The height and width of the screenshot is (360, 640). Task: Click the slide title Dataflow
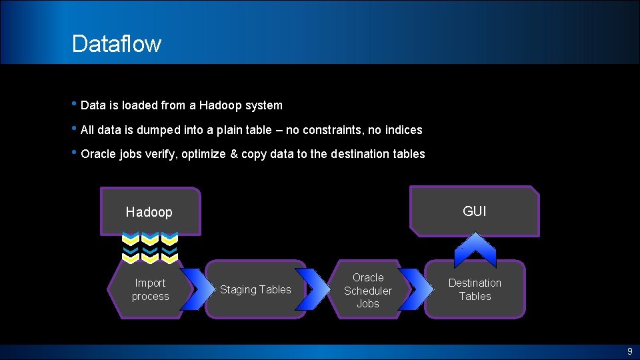(117, 44)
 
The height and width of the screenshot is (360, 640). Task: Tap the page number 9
(629, 351)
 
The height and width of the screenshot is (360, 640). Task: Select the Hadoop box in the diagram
(149, 212)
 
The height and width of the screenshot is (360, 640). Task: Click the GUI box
(474, 211)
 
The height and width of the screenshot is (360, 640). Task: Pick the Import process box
(150, 289)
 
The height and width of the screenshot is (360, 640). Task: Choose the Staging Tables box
(255, 289)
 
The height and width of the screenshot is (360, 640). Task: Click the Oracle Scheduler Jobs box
(367, 290)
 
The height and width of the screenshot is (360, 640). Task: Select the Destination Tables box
(475, 289)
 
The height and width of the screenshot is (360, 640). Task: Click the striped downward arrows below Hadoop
(150, 247)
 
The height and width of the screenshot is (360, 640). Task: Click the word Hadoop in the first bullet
(222, 105)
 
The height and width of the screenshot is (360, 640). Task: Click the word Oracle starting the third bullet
(98, 154)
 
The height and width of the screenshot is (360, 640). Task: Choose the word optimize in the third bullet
(204, 154)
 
